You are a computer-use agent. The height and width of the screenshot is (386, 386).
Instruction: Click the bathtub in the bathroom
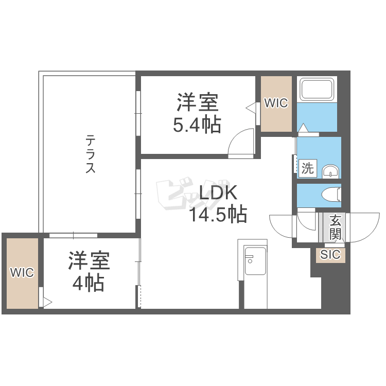click(x=317, y=90)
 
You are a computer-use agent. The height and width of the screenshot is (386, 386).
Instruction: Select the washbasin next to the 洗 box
click(x=330, y=171)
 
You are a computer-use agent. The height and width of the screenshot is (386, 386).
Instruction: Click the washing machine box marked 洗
click(x=308, y=168)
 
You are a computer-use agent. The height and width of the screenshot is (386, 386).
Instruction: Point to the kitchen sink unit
click(x=255, y=261)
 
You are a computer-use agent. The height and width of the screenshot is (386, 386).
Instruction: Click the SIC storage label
click(x=330, y=255)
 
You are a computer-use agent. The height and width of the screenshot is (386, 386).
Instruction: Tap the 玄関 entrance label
click(x=335, y=227)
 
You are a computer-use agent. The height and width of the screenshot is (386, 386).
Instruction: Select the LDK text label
click(x=218, y=192)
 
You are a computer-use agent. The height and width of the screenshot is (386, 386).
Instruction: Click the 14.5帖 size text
click(x=218, y=214)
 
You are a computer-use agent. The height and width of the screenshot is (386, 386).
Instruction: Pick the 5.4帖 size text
click(x=197, y=125)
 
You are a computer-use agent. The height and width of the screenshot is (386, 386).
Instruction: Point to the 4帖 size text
click(x=89, y=283)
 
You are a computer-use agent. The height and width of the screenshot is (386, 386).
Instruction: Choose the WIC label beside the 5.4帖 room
click(x=276, y=103)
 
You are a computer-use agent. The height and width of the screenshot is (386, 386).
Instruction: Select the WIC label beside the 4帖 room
click(x=22, y=273)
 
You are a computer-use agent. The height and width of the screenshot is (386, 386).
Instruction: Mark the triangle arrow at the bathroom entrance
click(x=304, y=128)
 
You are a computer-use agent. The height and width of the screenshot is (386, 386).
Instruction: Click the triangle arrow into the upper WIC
click(x=251, y=108)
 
